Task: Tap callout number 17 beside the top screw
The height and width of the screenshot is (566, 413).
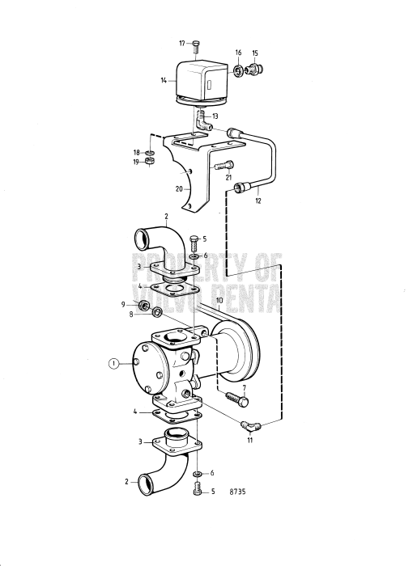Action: [182, 42]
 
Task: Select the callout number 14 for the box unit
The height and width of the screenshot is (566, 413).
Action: [164, 81]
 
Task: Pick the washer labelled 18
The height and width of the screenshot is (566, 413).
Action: [151, 152]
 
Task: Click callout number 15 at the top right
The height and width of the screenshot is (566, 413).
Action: [255, 53]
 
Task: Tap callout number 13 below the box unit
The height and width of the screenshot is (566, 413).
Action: [215, 116]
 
